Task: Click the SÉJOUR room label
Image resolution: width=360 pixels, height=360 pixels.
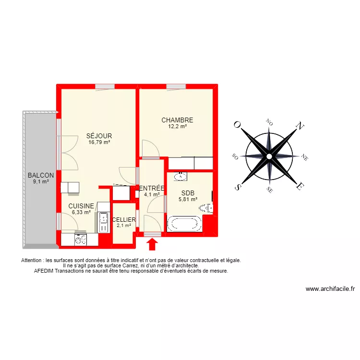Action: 99,136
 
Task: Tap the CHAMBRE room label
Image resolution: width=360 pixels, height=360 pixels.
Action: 177,120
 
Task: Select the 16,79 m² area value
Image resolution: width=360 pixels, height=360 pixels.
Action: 99,142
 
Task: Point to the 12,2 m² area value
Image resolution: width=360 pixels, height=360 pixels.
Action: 177,127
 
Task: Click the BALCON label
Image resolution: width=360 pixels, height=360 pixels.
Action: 41,176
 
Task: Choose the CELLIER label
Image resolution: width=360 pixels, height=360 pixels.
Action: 124,220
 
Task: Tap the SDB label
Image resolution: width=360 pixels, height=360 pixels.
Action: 188,193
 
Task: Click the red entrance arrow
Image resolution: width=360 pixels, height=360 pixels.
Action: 152,244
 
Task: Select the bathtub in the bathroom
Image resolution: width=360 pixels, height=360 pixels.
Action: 184,224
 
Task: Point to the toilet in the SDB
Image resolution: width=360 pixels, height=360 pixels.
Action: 206,208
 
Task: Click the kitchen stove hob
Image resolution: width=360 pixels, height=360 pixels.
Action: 80,239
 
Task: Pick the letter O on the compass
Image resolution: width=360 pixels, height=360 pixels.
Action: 237,124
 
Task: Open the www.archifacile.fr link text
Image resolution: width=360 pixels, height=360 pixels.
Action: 330,289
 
